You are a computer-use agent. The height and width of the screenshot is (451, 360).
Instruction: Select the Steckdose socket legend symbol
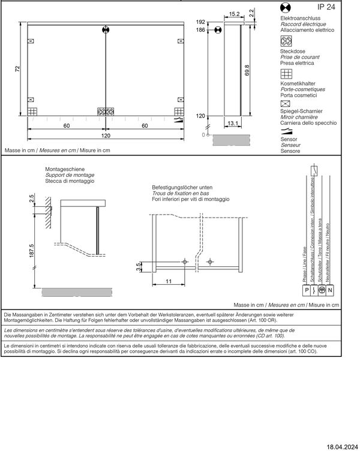click(x=286, y=41)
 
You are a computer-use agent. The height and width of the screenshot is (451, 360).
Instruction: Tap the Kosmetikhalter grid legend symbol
click(x=286, y=74)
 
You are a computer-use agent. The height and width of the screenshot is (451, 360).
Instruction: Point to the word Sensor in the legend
click(x=289, y=139)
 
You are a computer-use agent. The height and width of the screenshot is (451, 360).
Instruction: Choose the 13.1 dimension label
click(x=234, y=124)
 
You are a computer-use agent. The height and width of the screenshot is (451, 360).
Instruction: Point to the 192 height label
click(x=201, y=22)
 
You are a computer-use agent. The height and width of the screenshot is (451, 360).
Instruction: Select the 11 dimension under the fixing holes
click(x=169, y=281)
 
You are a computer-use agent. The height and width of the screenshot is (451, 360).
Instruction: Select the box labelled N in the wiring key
click(x=329, y=290)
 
